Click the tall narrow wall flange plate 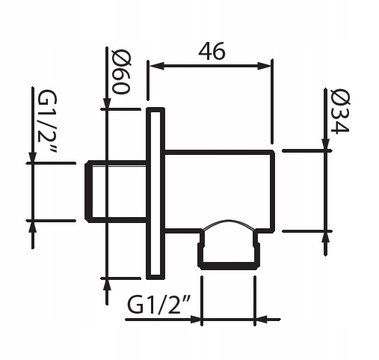[155, 192]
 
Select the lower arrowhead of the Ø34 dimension [327, 236]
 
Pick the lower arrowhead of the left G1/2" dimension [32, 226]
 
